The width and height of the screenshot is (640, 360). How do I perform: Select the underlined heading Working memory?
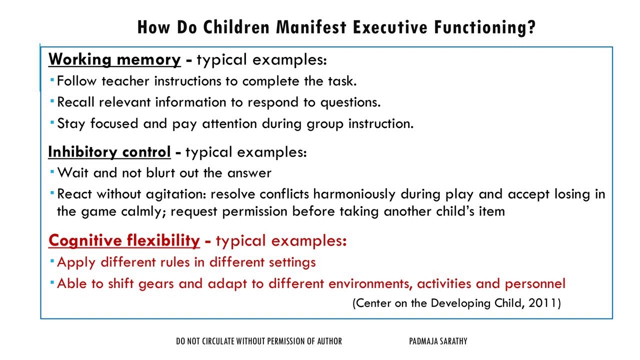(x=114, y=59)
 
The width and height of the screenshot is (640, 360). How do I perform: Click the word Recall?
(x=76, y=102)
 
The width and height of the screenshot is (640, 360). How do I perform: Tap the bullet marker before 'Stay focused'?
(x=52, y=122)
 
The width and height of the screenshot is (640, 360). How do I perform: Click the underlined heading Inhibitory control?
(x=109, y=151)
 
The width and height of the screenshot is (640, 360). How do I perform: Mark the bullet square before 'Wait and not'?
(x=52, y=172)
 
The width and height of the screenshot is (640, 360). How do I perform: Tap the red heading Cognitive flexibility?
(x=124, y=241)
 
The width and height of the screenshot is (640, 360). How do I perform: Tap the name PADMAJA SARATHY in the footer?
(x=437, y=341)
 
